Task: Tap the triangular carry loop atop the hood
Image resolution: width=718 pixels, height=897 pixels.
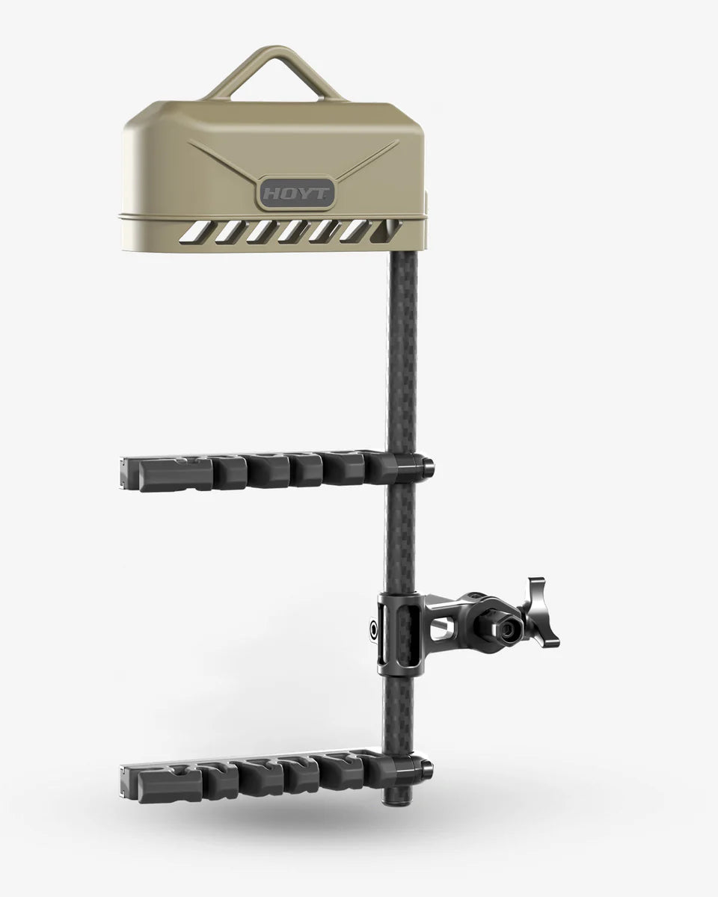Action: click(274, 71)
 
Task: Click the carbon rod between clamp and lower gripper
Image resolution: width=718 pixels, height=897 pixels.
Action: click(396, 714)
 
